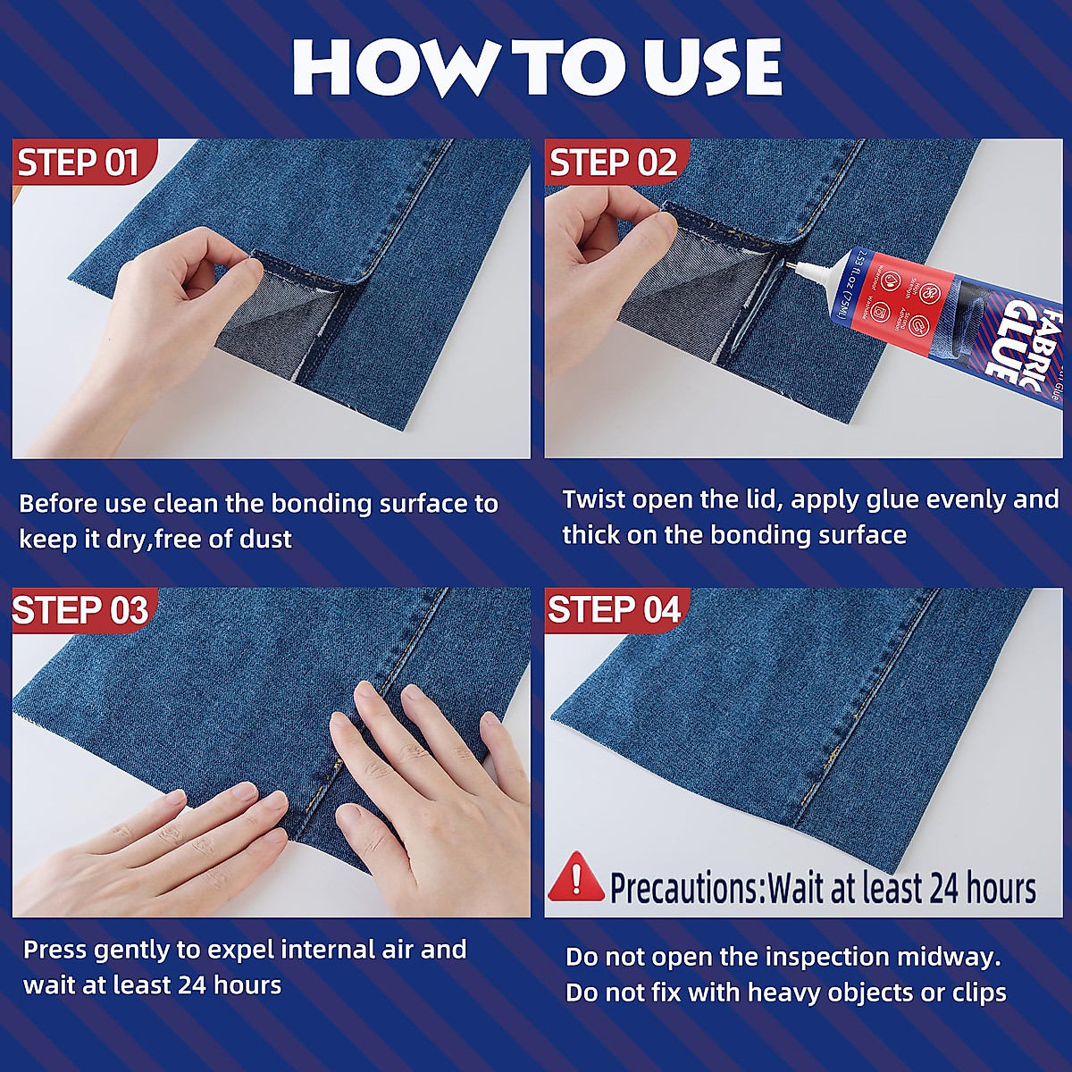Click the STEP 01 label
pyautogui.click(x=79, y=163)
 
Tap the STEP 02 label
pyautogui.click(x=613, y=163)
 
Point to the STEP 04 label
pyautogui.click(x=614, y=610)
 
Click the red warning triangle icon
pyautogui.click(x=576, y=876)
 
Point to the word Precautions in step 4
pyautogui.click(x=683, y=888)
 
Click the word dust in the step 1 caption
pyautogui.click(x=264, y=540)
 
